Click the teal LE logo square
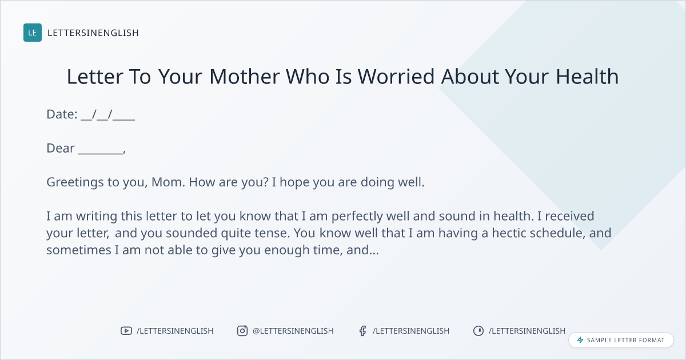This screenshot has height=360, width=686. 33,33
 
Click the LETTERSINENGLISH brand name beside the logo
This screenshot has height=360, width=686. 93,33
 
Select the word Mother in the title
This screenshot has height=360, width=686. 245,76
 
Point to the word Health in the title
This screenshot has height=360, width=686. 587,76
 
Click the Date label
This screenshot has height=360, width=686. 62,114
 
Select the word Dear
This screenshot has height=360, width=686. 61,148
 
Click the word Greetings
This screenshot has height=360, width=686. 75,182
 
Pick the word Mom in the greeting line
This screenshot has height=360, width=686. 166,182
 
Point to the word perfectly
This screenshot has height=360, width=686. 357,217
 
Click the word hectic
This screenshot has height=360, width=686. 509,233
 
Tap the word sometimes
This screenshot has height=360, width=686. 79,250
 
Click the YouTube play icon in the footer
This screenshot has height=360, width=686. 126,331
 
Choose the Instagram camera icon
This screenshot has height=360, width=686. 242,331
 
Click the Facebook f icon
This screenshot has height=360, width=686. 363,331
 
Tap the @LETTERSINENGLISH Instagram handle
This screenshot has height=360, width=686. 293,331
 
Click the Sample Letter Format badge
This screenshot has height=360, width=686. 621,340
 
